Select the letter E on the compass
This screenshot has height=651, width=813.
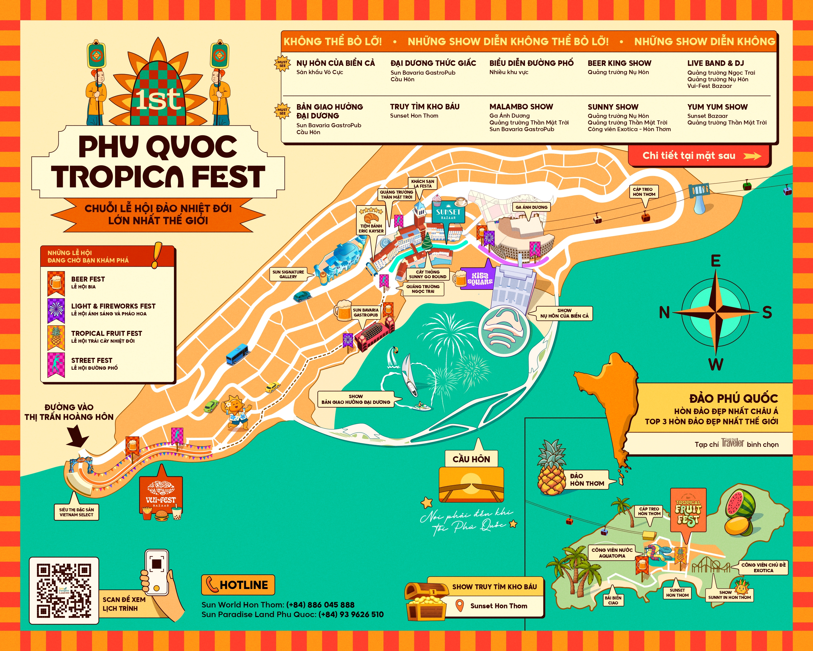715,261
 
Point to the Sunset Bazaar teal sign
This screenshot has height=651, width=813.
448,213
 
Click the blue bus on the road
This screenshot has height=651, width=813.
237,354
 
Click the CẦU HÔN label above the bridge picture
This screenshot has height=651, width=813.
471,459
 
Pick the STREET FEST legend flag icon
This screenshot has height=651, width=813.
56,364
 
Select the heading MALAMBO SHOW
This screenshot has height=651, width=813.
521,107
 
